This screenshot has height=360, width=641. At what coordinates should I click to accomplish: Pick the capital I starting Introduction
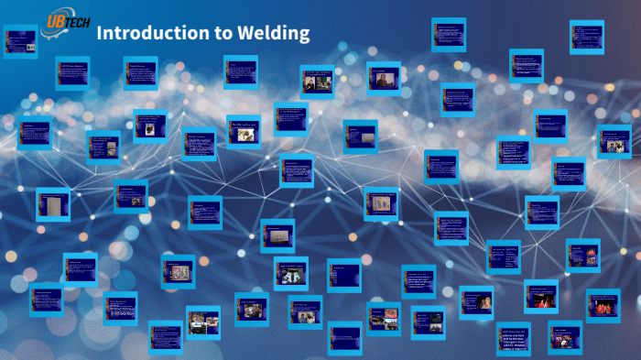click(x=99, y=34)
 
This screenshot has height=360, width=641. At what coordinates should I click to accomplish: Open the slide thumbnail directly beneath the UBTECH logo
click(x=20, y=41)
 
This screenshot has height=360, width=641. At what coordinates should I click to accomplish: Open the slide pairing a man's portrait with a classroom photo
click(x=318, y=82)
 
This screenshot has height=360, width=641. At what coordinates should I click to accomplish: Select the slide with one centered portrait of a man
click(x=384, y=80)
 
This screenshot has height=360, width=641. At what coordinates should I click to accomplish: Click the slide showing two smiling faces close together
click(x=290, y=273)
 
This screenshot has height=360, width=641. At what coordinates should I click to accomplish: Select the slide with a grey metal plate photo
click(x=53, y=204)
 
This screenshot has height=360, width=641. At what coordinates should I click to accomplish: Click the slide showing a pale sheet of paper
click(x=380, y=203)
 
